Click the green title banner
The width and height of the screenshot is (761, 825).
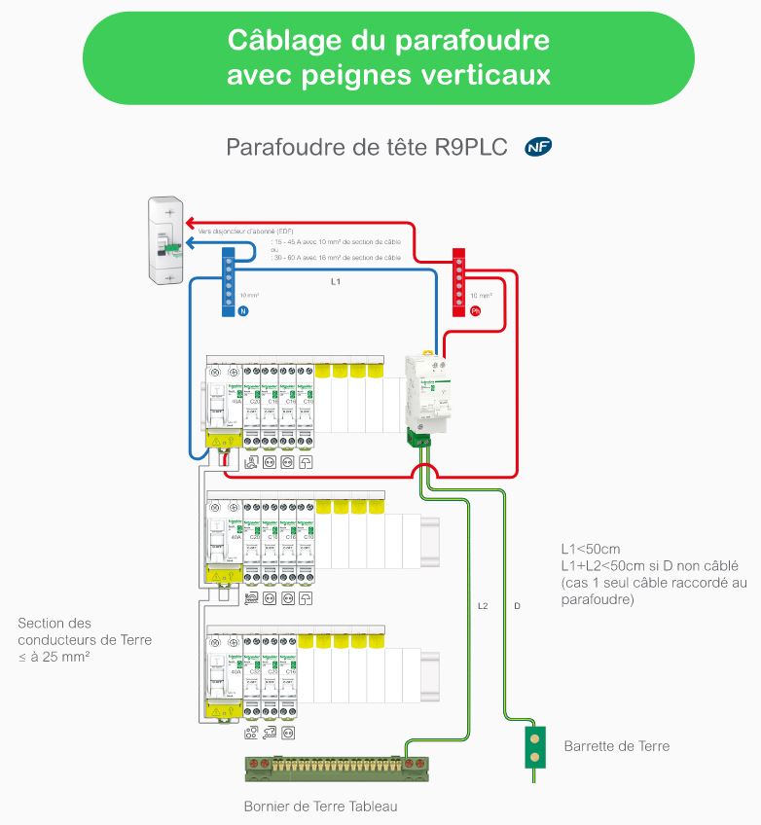(x=388, y=57)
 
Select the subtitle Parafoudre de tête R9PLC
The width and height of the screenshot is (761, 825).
(x=367, y=147)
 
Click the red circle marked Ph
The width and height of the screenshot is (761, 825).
(x=476, y=312)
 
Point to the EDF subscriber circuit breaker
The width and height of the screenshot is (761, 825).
(x=164, y=240)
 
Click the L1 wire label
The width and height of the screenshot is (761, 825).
(x=336, y=282)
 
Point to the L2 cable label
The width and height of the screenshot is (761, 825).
(x=483, y=606)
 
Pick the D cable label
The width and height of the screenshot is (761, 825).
(x=517, y=606)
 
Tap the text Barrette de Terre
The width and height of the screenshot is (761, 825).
(x=616, y=746)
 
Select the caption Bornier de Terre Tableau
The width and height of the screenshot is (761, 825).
(x=320, y=807)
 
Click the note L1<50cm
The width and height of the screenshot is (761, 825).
(x=590, y=549)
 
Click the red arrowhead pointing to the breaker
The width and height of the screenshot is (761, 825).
(x=192, y=222)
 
